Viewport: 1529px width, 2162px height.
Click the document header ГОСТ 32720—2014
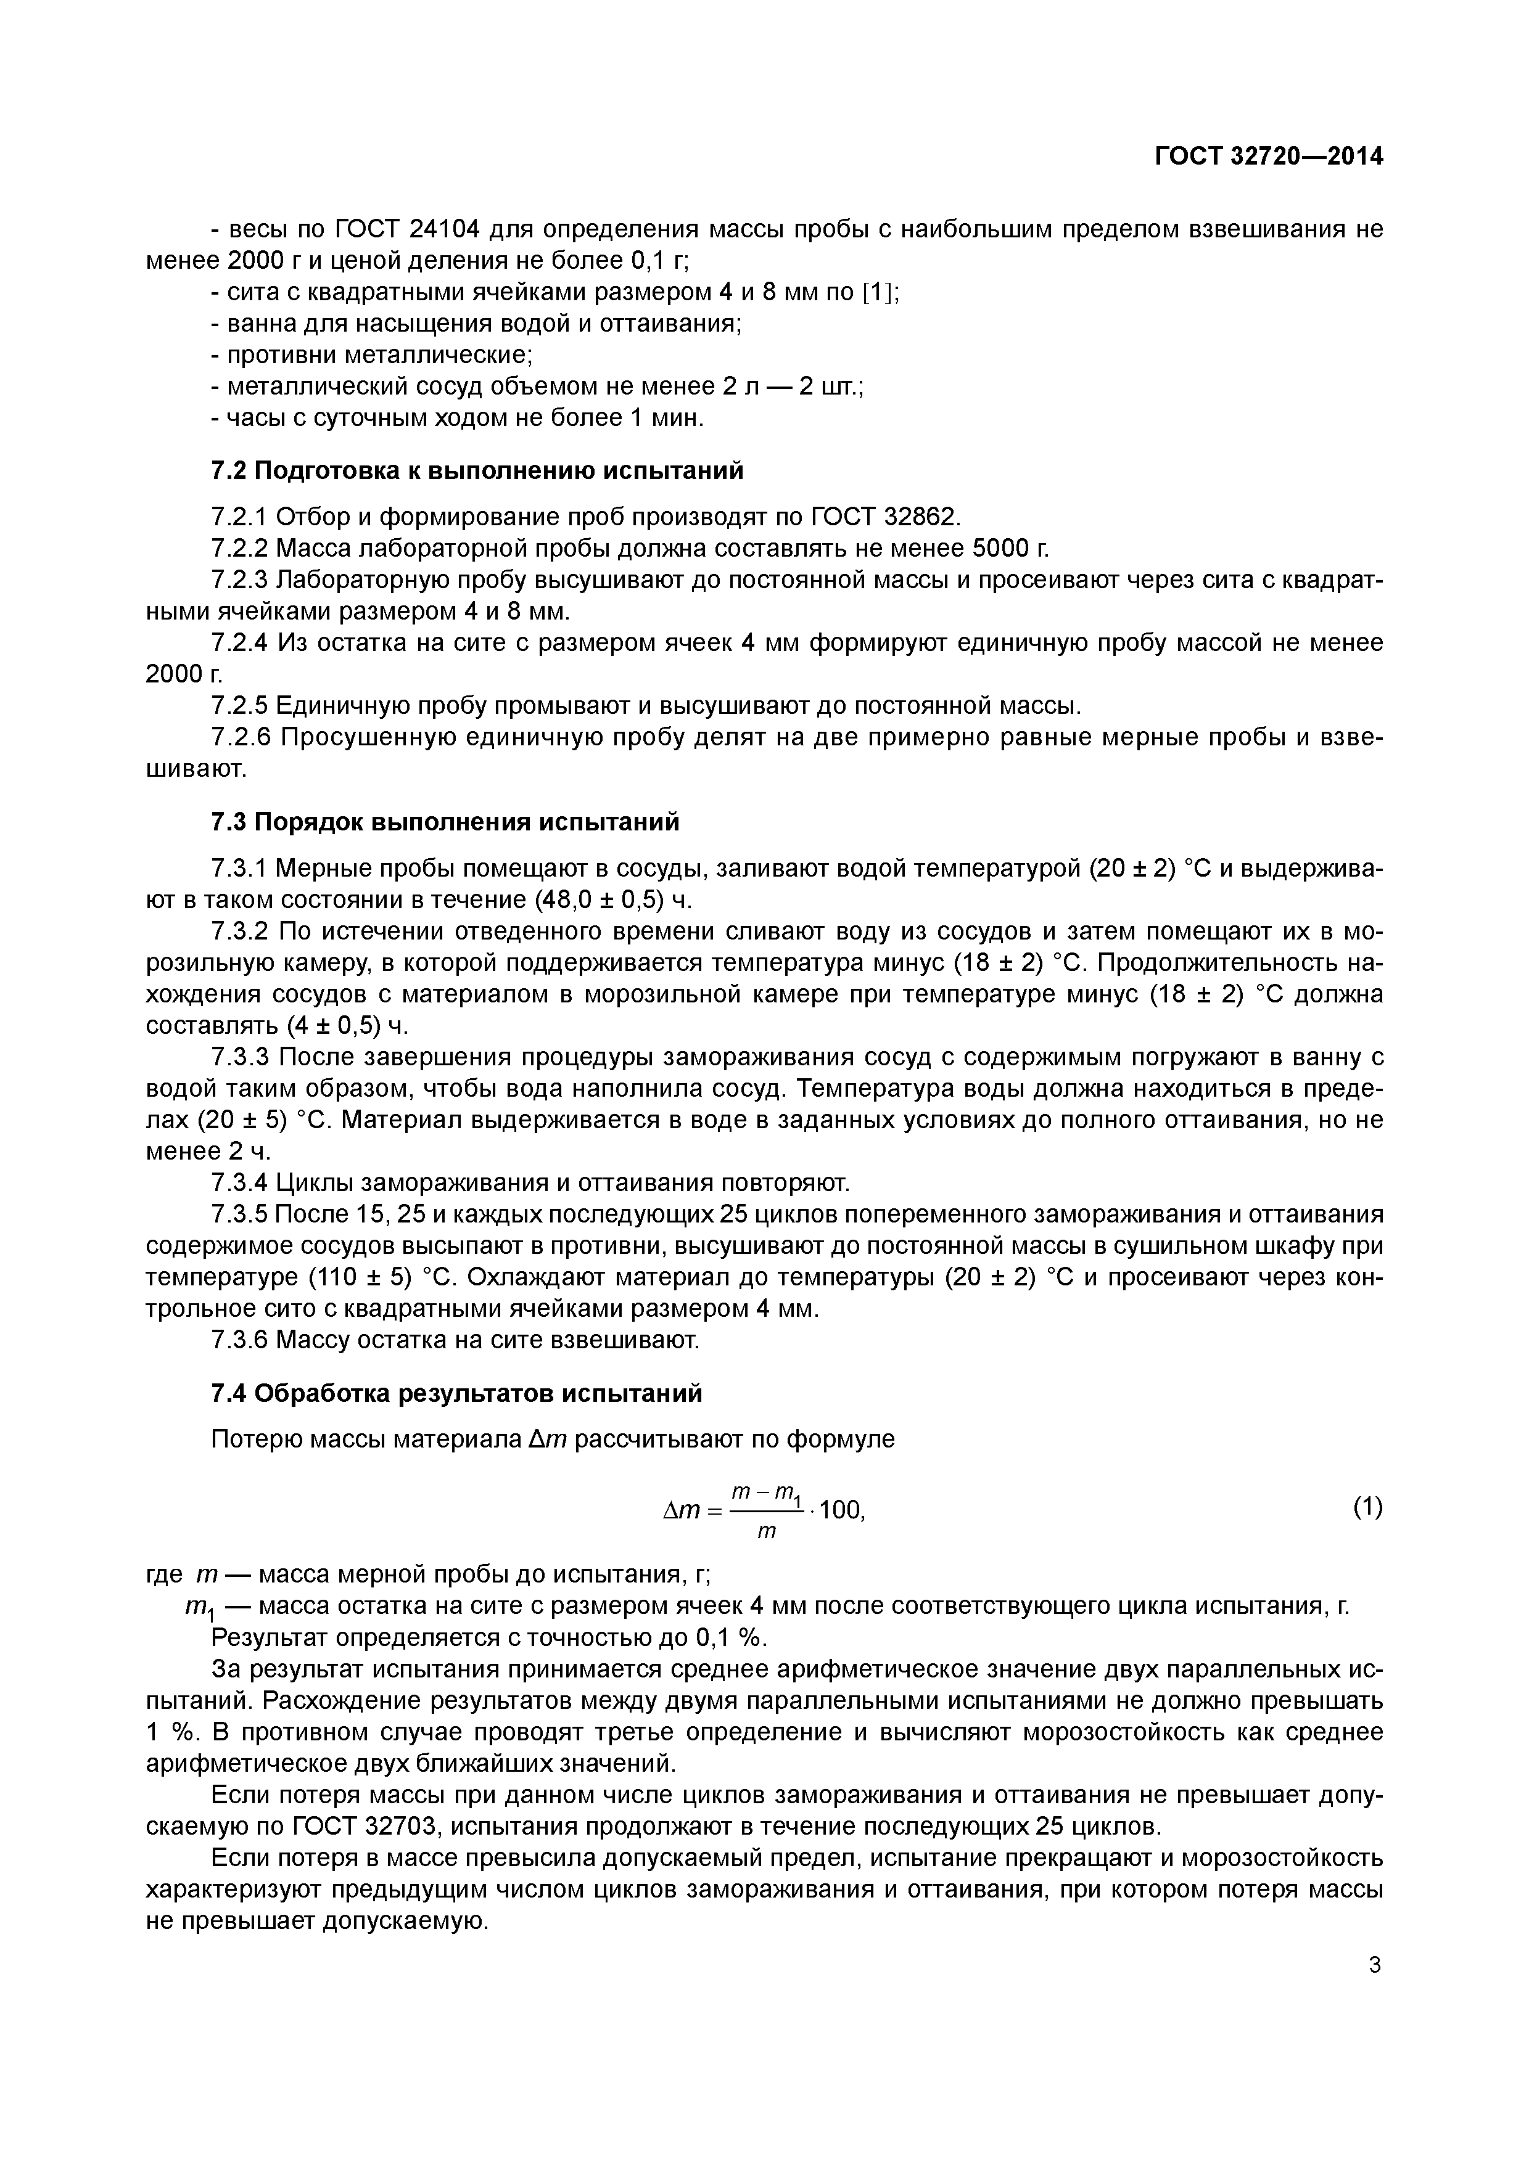pyautogui.click(x=1269, y=157)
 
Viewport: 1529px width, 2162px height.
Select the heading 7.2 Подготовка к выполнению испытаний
pyautogui.click(x=477, y=470)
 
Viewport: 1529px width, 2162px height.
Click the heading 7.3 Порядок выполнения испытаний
pyautogui.click(x=445, y=822)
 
